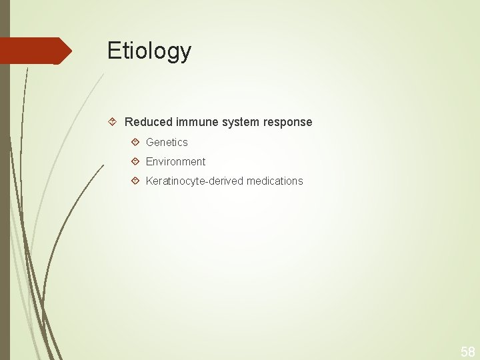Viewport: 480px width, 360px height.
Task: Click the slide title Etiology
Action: (x=149, y=51)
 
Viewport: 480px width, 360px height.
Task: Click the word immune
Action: (x=195, y=122)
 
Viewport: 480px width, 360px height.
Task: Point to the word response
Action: (x=287, y=122)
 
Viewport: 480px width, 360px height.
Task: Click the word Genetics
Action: (x=167, y=142)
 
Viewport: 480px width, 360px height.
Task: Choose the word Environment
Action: (x=175, y=161)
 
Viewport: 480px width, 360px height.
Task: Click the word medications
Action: (x=275, y=181)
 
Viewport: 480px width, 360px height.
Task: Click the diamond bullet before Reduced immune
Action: (x=113, y=122)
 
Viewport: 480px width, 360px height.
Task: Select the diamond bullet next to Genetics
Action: (x=135, y=142)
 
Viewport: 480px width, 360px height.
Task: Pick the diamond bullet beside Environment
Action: (x=135, y=161)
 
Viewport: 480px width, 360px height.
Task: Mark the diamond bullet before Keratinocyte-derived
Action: (x=135, y=181)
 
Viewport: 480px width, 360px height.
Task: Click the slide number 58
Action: (x=467, y=351)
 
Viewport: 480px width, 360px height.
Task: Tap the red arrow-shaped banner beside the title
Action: (x=33, y=51)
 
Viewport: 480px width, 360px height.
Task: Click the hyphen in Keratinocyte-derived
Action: (x=206, y=181)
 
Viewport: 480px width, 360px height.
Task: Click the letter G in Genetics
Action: (x=150, y=142)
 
